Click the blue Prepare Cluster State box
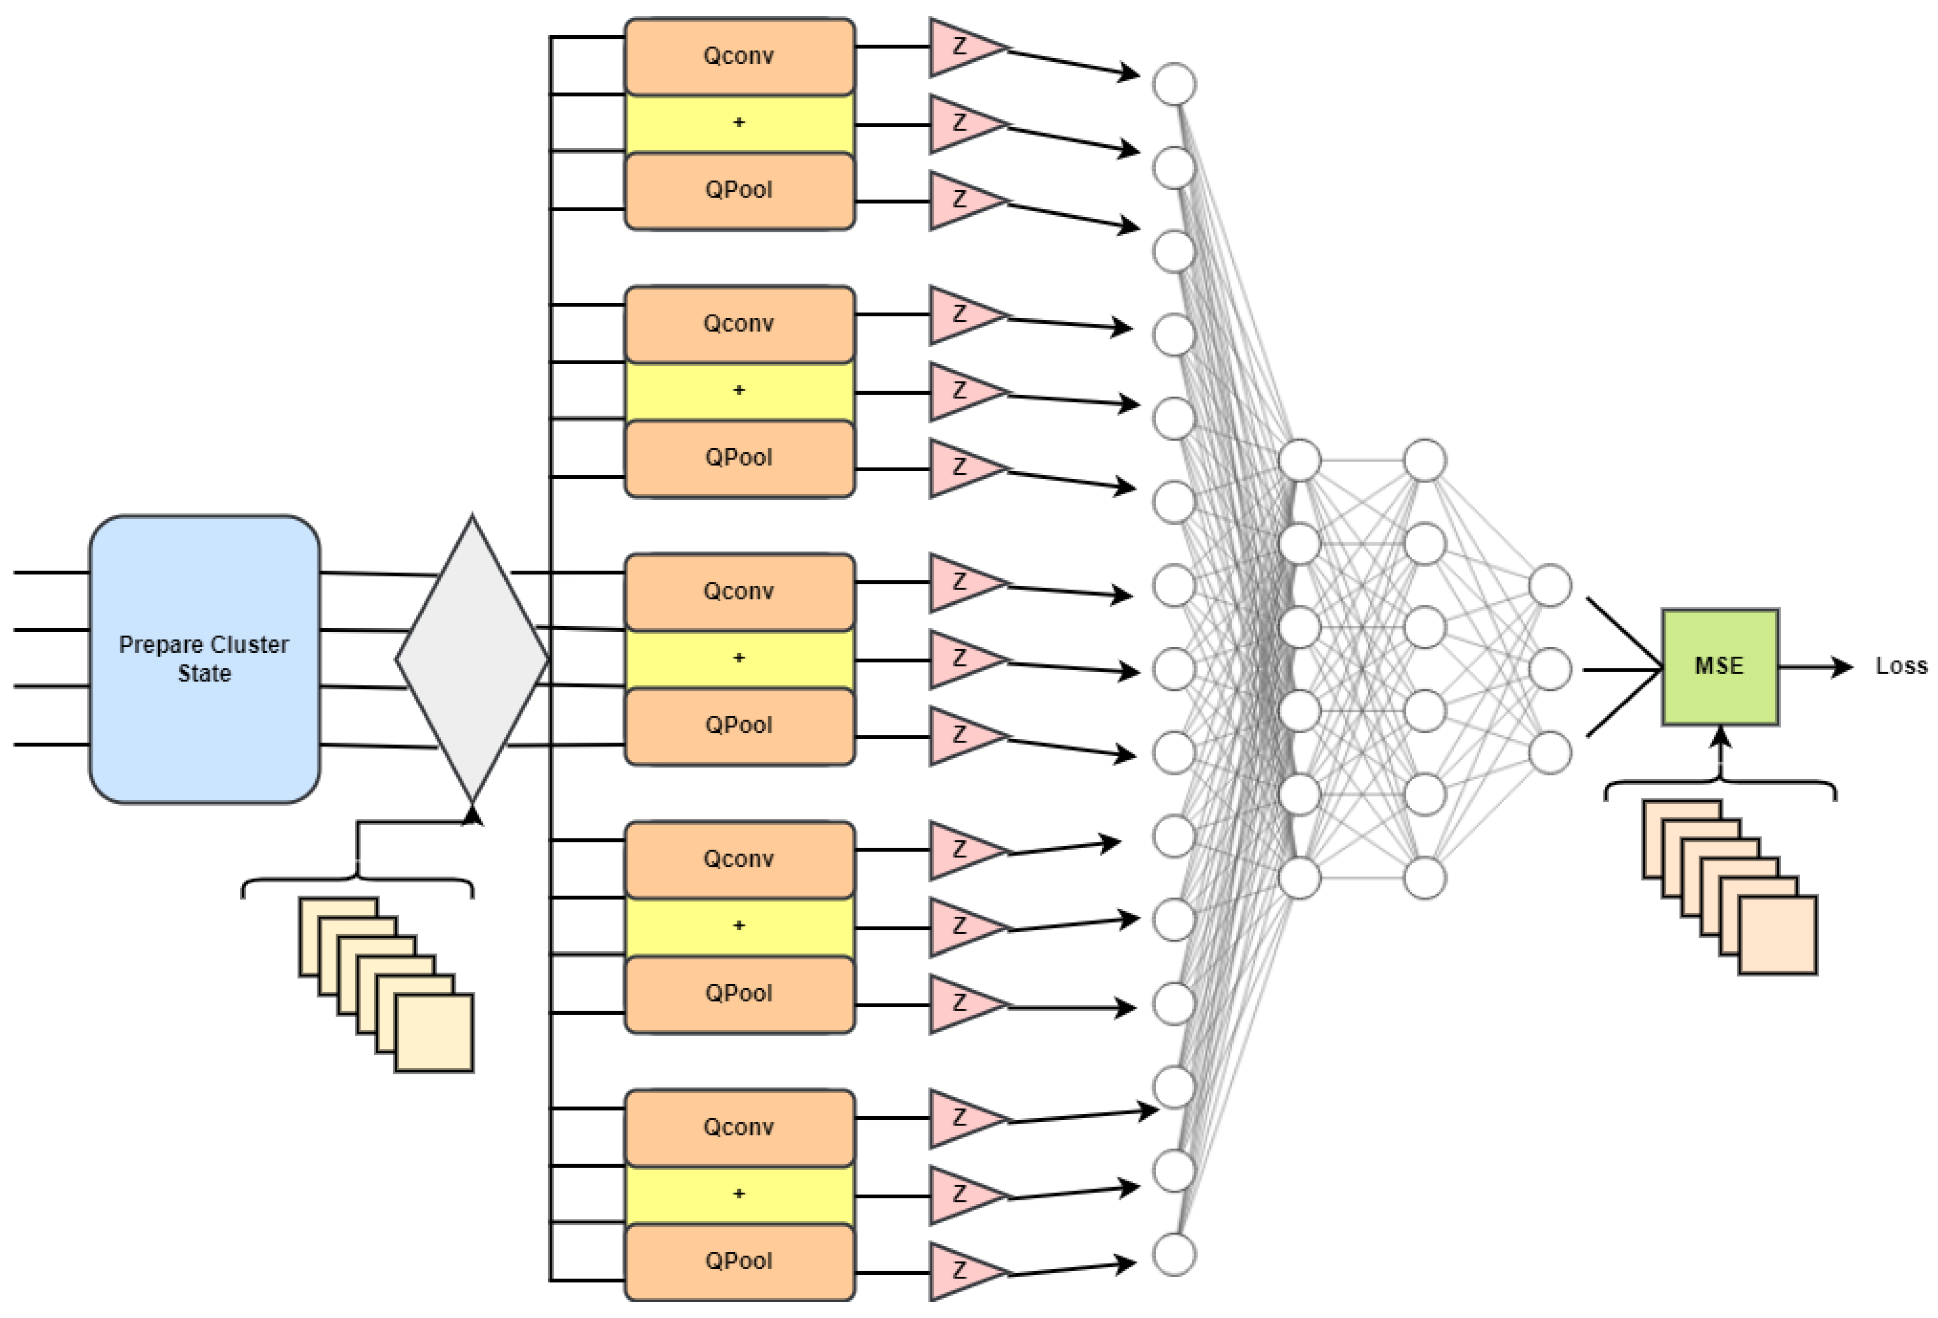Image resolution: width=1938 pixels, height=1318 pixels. (204, 659)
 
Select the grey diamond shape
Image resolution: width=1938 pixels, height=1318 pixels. (472, 659)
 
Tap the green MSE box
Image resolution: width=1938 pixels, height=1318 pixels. (1719, 667)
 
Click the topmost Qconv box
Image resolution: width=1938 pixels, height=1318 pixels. (740, 56)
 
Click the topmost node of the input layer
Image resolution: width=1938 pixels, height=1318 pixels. (1174, 84)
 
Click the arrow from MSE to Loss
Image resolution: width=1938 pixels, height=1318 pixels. (1814, 667)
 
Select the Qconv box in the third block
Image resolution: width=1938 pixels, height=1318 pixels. (740, 591)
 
